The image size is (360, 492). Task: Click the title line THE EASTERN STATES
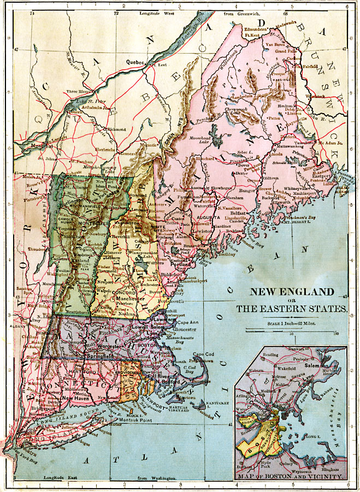(x=291, y=309)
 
